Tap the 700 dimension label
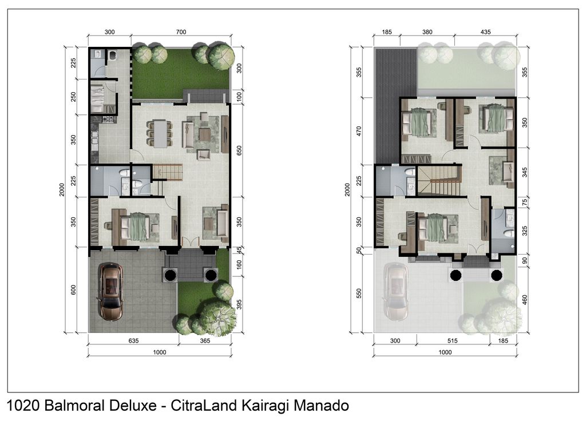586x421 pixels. point(181,33)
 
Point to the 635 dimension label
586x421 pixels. point(133,341)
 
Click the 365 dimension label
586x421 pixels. point(205,341)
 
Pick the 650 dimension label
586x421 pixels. point(240,150)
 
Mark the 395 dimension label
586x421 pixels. point(240,304)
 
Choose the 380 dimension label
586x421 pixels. point(427,33)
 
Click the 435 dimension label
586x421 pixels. point(486,33)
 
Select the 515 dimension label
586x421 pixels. point(453,341)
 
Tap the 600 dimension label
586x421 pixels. point(73,289)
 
